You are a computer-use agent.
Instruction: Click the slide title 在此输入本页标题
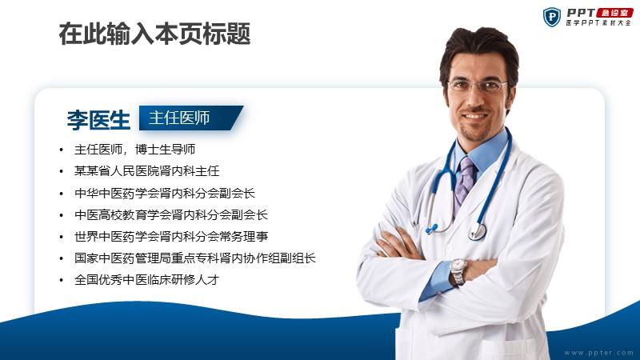click(x=154, y=34)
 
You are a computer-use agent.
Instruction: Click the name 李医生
click(x=98, y=120)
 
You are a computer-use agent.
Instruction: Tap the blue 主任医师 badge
click(x=191, y=118)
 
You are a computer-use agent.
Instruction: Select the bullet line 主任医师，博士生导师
click(x=134, y=150)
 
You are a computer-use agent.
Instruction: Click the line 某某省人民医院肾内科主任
click(x=146, y=171)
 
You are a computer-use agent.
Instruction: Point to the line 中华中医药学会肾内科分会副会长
click(x=165, y=193)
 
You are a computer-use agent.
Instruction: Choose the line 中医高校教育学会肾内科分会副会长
click(x=171, y=214)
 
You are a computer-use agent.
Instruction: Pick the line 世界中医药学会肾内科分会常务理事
click(x=171, y=236)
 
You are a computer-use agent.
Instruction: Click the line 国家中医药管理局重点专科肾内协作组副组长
click(x=195, y=258)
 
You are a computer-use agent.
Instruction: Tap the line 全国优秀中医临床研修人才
click(x=146, y=279)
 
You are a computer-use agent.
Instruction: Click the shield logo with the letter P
click(x=552, y=17)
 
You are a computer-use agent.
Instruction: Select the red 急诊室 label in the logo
click(x=615, y=13)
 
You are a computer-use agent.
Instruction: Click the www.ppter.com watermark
click(x=598, y=353)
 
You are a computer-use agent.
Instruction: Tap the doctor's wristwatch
click(x=458, y=271)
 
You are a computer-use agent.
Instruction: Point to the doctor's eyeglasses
click(x=477, y=86)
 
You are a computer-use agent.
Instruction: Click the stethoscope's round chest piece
click(x=477, y=231)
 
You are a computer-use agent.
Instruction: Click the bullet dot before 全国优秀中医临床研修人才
click(x=62, y=280)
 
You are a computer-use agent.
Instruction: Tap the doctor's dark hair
click(x=479, y=45)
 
